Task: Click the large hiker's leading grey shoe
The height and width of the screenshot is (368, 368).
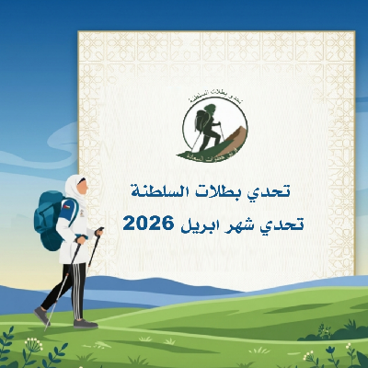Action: click(84, 323)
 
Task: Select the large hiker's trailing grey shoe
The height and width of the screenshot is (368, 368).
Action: click(41, 315)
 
